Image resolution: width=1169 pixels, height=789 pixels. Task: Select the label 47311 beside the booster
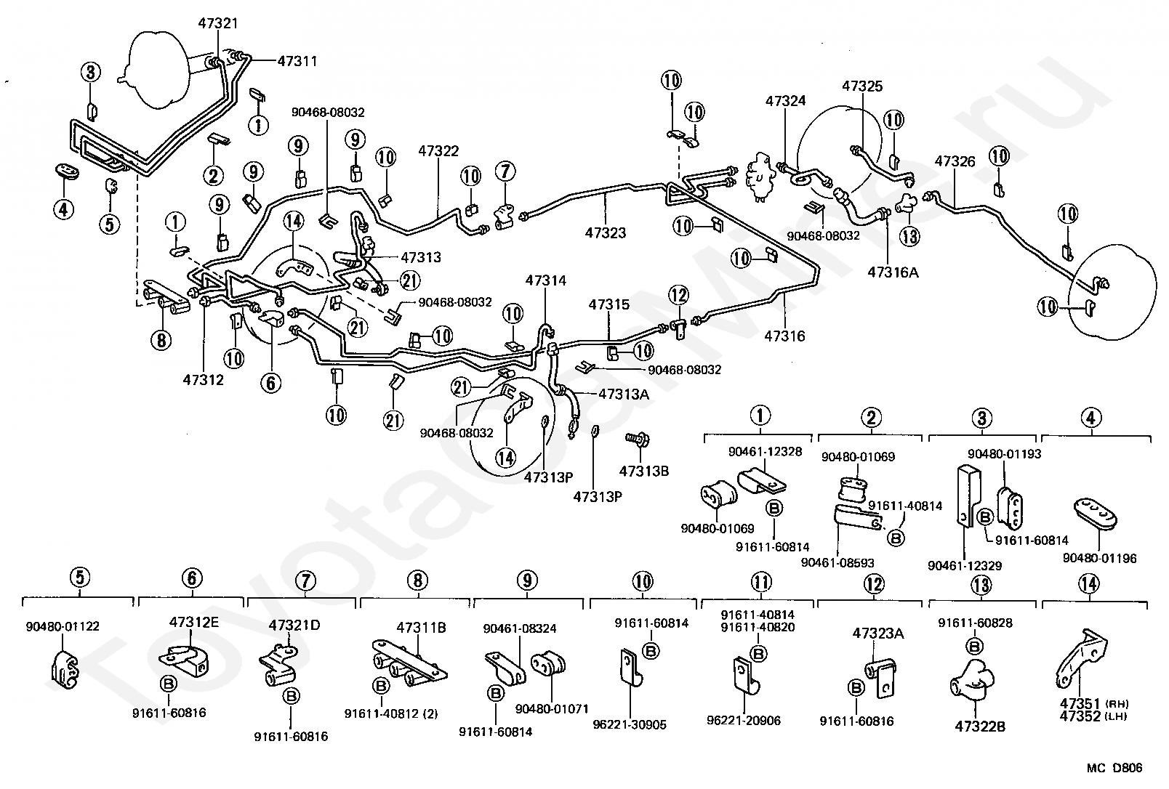[297, 61]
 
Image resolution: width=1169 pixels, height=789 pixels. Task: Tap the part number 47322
[438, 151]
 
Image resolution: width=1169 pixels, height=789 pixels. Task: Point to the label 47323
[606, 233]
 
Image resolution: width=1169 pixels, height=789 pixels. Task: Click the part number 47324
[785, 101]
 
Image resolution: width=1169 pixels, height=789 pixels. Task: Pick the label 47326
[955, 161]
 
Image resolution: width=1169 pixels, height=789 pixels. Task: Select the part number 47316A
[893, 272]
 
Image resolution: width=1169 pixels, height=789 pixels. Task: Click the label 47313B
[643, 470]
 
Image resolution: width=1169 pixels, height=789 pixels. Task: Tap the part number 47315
[609, 304]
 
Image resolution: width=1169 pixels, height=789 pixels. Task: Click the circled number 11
[760, 582]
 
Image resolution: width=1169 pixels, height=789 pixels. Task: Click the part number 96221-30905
[630, 724]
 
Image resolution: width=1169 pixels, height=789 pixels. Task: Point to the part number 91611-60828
[975, 623]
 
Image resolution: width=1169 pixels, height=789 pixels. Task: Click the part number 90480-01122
[63, 626]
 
